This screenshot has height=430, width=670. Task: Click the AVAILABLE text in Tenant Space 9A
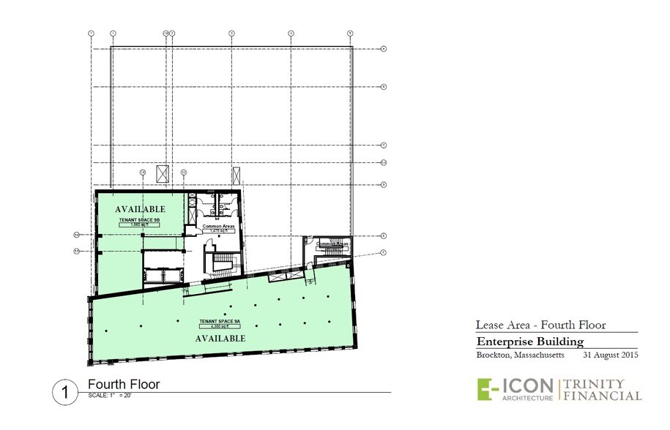[x=220, y=339]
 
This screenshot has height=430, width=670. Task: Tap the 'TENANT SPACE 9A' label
[x=220, y=321]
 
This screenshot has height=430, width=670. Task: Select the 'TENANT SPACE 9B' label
[x=141, y=219]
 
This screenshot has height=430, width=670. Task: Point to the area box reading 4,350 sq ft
[x=220, y=327]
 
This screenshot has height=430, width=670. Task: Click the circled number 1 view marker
[x=65, y=392]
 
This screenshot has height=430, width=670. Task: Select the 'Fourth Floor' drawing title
[x=123, y=385]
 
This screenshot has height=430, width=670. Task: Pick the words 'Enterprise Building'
[x=529, y=342]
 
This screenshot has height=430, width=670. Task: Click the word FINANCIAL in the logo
[x=603, y=396]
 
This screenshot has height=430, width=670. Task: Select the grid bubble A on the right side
[x=384, y=49]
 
